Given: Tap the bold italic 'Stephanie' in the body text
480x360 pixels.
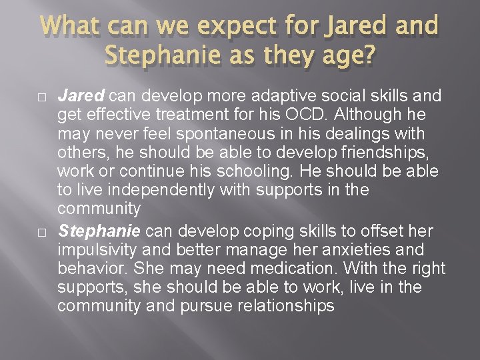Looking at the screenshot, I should tap(99, 231).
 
